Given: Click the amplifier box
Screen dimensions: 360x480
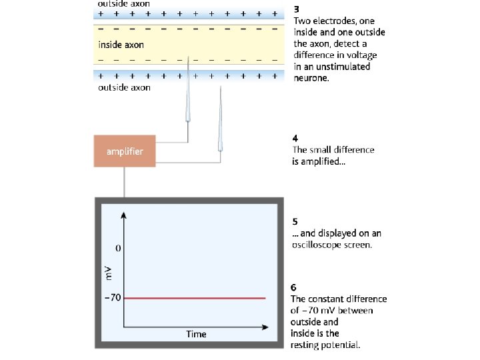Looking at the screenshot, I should click(125, 151).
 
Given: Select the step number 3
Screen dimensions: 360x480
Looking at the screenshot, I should click(297, 10).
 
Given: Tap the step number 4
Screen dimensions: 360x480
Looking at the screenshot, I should click(295, 139).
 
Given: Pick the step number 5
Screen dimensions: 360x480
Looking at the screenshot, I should click(295, 222).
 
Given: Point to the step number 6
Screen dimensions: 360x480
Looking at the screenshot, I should click(294, 287).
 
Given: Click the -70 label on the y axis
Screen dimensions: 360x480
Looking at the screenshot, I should click(112, 297).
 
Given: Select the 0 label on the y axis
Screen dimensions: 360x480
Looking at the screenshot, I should click(117, 249).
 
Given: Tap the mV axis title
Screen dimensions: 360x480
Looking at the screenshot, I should click(108, 273).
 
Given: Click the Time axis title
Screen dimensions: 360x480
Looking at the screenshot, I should click(196, 334).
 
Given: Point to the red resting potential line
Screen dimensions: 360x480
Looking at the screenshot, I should click(193, 298).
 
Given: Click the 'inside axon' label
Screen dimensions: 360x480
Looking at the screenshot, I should click(121, 45).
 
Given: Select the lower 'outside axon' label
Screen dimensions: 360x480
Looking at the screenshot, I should click(124, 87).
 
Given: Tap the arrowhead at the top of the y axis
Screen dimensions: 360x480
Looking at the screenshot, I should click(125, 216).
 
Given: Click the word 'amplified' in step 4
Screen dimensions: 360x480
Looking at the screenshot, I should click(323, 161).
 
